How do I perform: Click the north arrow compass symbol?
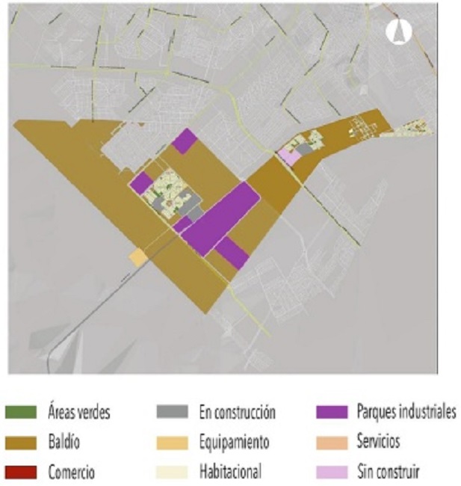(399, 31)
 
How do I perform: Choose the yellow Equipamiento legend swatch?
(171, 443)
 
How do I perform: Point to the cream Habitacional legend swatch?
(171, 473)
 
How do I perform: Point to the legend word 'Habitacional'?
(232, 473)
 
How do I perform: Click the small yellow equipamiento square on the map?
(137, 256)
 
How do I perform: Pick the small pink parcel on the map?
(287, 157)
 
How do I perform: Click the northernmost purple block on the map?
(184, 141)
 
